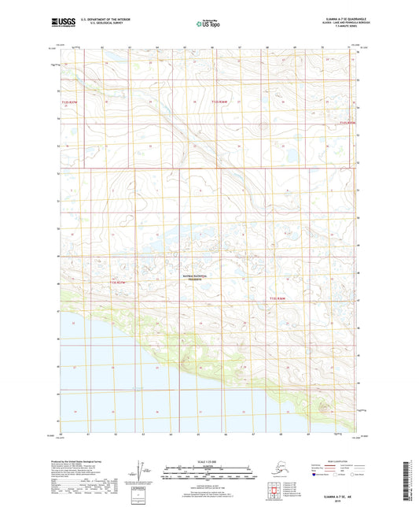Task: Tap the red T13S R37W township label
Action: (x=117, y=281)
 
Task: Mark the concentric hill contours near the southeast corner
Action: (x=324, y=408)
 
